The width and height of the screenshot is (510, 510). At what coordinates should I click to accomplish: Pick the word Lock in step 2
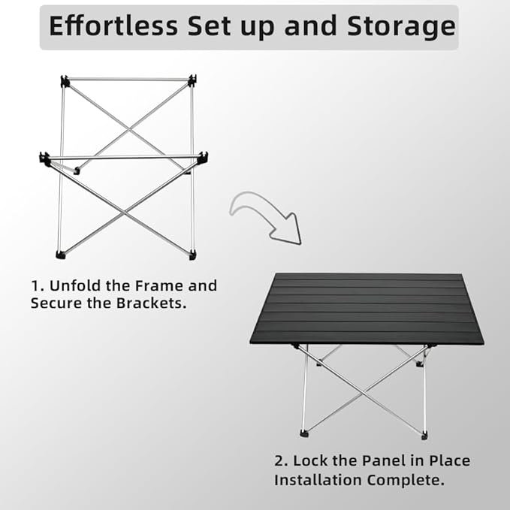(309, 460)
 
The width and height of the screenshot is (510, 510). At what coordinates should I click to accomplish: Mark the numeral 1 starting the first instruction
(35, 285)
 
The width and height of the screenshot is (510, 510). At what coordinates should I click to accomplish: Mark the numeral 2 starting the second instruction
(278, 460)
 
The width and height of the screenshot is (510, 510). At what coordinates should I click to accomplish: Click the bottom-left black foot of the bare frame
(60, 255)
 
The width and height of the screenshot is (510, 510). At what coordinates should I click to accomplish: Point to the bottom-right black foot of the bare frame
(193, 255)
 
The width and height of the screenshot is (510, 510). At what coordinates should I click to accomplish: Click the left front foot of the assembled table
(304, 434)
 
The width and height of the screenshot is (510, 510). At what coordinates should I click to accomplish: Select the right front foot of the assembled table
(425, 434)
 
